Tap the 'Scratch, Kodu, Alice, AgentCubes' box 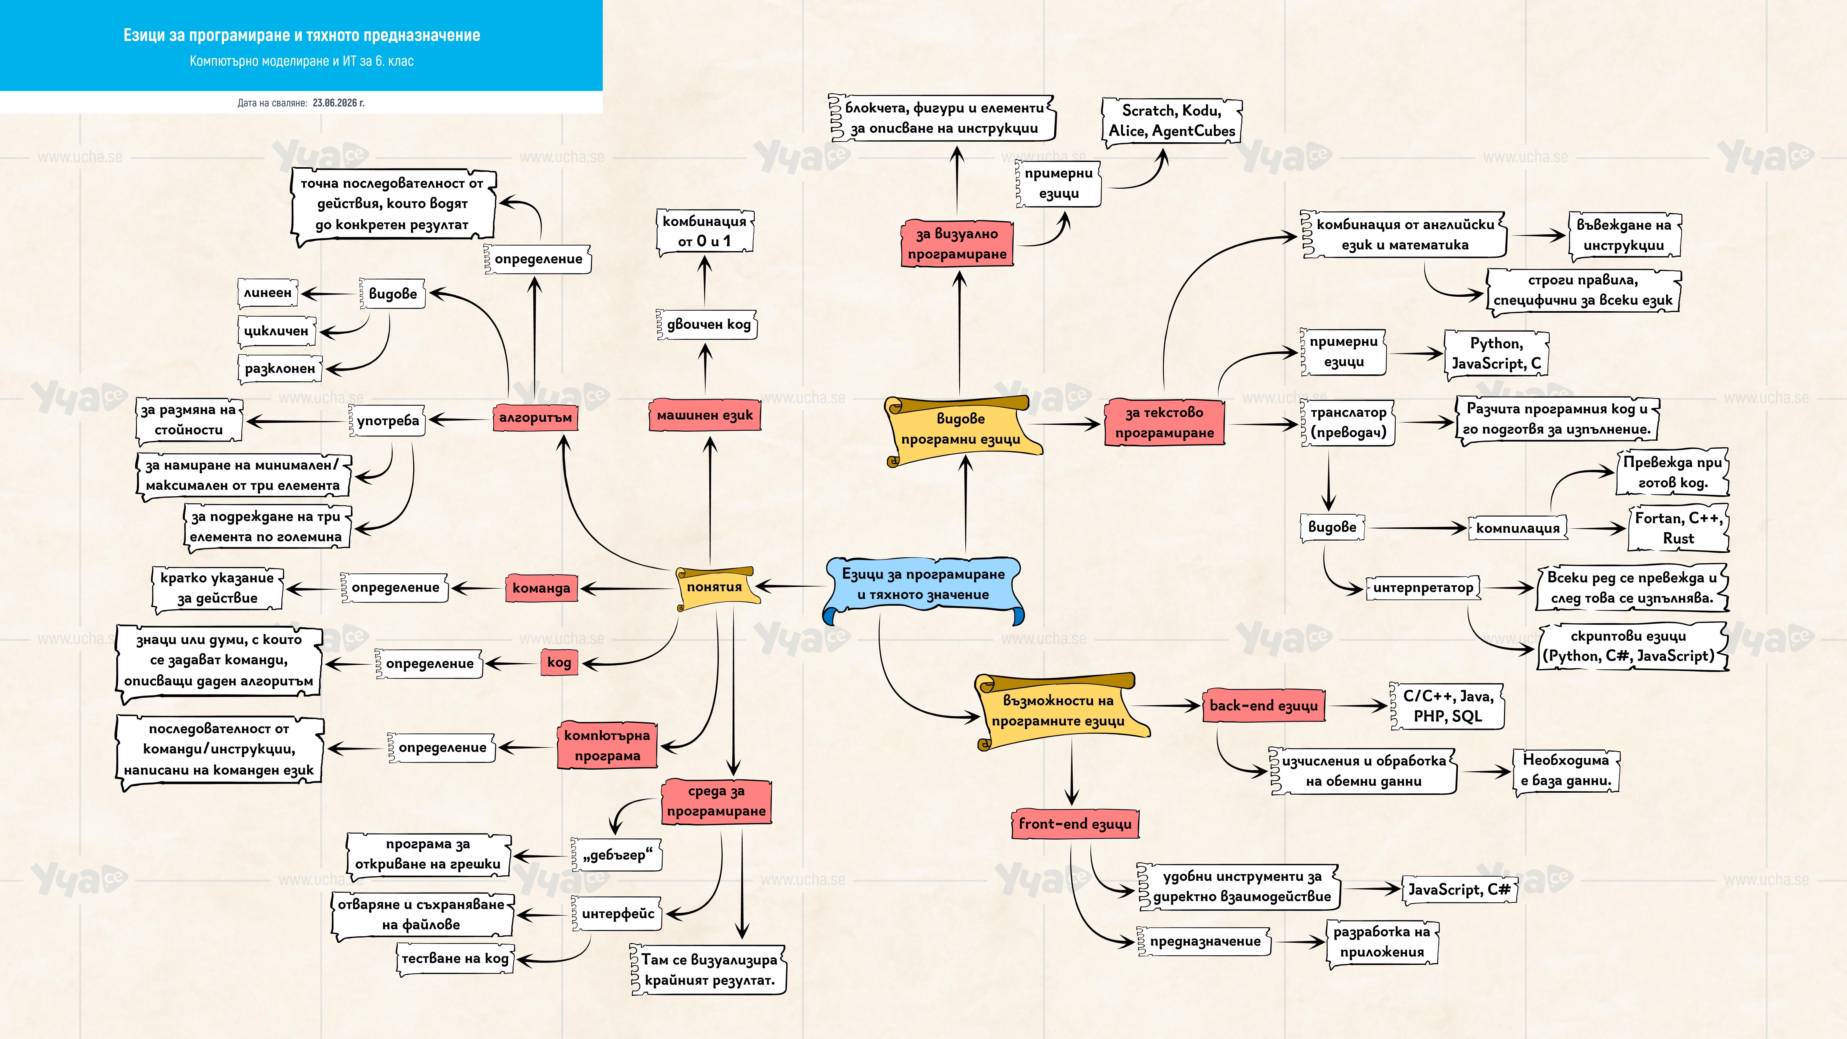point(1172,121)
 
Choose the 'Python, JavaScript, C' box point(1496,353)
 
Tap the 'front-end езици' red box point(1075,824)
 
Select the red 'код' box point(559,663)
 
